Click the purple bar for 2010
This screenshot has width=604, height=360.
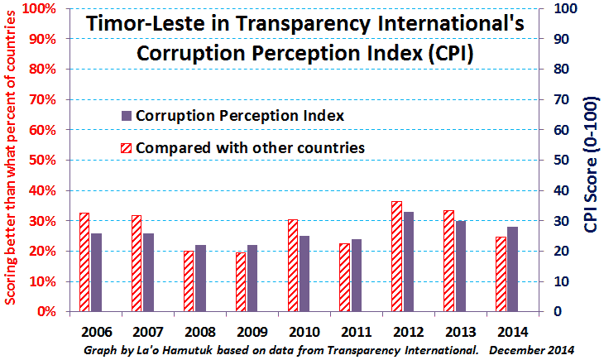pyautogui.click(x=304, y=274)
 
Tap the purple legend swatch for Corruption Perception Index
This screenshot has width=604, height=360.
pyautogui.click(x=126, y=115)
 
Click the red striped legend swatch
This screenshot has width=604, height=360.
pyautogui.click(x=126, y=148)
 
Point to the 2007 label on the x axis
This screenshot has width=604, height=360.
pyautogui.click(x=147, y=331)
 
